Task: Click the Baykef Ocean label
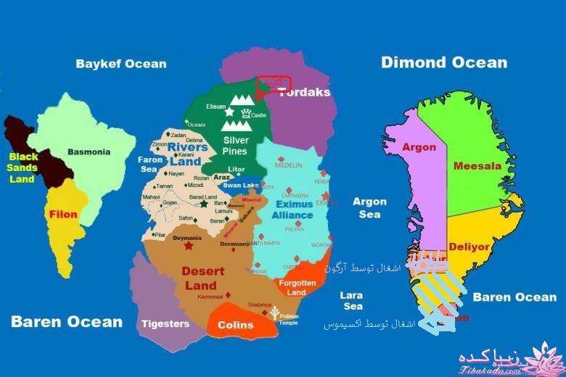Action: pos(121,64)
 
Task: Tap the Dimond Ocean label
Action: pos(444,62)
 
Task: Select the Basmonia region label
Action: pos(89,152)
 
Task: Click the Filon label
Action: pos(63,215)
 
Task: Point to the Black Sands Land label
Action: pos(23,167)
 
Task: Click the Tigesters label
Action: pos(165,323)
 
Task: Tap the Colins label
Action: pos(235,325)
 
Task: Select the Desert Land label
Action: pos(198,278)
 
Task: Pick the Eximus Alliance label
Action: pos(293,210)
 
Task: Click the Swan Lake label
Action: pos(240,186)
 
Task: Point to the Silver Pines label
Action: pos(236,146)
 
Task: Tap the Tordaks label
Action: pos(305,92)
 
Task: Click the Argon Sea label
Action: pos(369,208)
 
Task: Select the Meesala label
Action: pos(477,166)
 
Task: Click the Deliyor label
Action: pos(469,246)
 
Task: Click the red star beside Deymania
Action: pos(189,246)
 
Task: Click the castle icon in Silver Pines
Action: pos(247,113)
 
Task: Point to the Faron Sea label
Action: pos(149,164)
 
